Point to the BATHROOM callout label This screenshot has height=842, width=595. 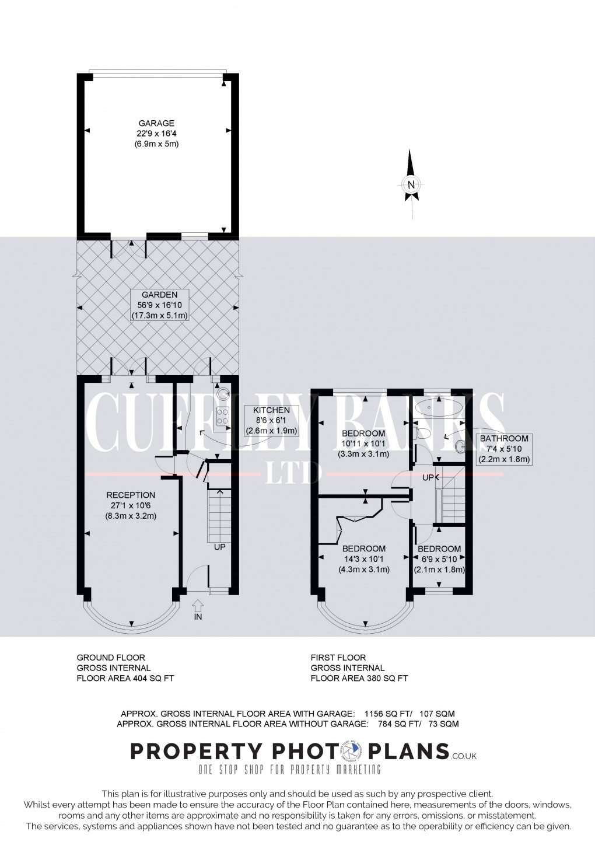504,449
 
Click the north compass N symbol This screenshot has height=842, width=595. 411,185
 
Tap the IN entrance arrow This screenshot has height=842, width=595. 198,606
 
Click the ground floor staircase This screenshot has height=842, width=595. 219,513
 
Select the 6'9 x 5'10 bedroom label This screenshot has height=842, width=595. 439,559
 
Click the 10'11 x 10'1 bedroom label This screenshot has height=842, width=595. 363,443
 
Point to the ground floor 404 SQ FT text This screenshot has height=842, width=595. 125,678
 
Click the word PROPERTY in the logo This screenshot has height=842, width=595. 188,750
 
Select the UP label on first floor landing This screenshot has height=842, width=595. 429,477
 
